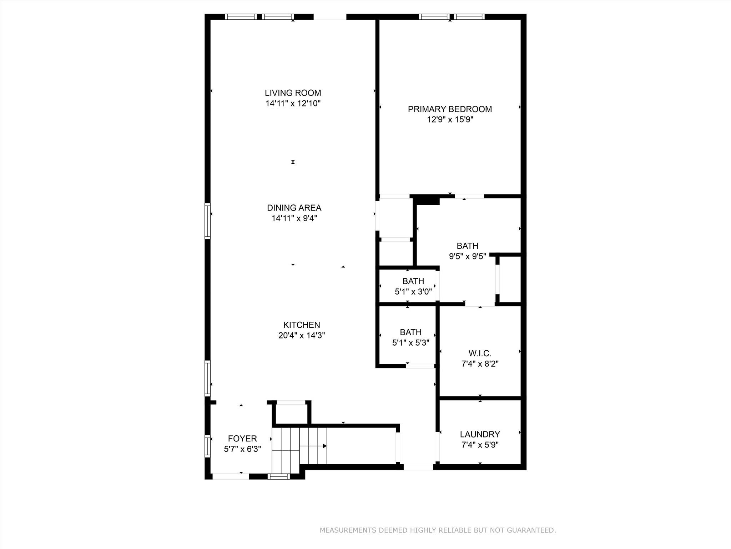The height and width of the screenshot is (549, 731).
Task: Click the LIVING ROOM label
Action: pos(293,93)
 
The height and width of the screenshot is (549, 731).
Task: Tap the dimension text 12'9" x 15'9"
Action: pos(450,120)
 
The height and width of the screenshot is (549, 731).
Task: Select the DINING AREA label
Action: pos(294,208)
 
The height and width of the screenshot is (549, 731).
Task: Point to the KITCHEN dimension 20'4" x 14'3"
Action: pos(302,336)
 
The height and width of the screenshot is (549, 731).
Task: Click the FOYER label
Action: pos(242,439)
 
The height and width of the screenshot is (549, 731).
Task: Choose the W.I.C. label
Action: pos(480,353)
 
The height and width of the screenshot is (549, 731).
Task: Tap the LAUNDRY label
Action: pos(480,434)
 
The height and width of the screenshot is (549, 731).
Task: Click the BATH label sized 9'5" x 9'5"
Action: pos(467,246)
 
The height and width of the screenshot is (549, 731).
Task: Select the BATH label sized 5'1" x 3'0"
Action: pos(413,281)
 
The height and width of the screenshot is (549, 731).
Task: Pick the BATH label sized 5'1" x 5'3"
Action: pos(410,332)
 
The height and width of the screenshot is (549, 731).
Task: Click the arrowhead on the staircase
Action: pos(324,446)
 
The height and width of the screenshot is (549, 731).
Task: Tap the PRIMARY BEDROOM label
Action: pos(450,109)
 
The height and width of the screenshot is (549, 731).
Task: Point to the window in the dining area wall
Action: pos(207,221)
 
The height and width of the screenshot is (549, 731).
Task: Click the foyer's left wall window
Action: pos(207,446)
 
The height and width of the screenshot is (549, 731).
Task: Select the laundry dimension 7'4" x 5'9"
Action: pos(480,445)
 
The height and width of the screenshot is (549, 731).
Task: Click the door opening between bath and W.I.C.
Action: pos(480,304)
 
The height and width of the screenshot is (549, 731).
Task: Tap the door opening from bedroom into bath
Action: pos(469,196)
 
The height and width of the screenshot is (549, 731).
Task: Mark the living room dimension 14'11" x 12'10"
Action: pos(293,104)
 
